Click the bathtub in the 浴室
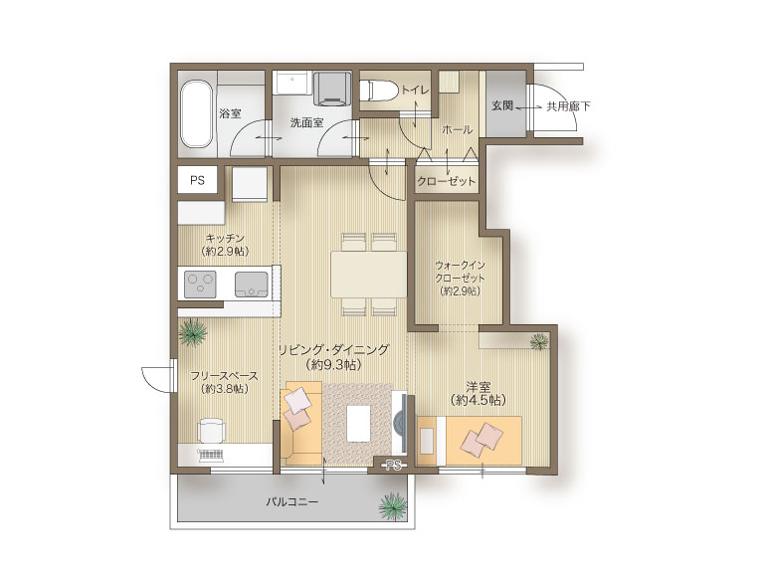pos(197,113)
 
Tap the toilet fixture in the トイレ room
pos(374,92)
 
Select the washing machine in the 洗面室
pos(333,89)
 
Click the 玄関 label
pos(501,105)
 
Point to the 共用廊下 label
pos(568,105)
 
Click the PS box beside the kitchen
pos(197,180)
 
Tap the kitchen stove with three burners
pos(201,285)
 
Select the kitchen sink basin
pos(252,285)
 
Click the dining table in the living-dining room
pos(369,275)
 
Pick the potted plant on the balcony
pos(393,506)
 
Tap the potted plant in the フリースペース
pos(193,333)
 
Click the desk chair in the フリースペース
pos(212,430)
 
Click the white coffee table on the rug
pos(359,423)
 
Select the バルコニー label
pos(291,501)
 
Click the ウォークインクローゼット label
pos(461,272)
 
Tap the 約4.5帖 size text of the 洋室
pos(478,401)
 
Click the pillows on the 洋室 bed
pos(483,440)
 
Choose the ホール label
pos(457,129)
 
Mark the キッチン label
pos(225,239)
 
